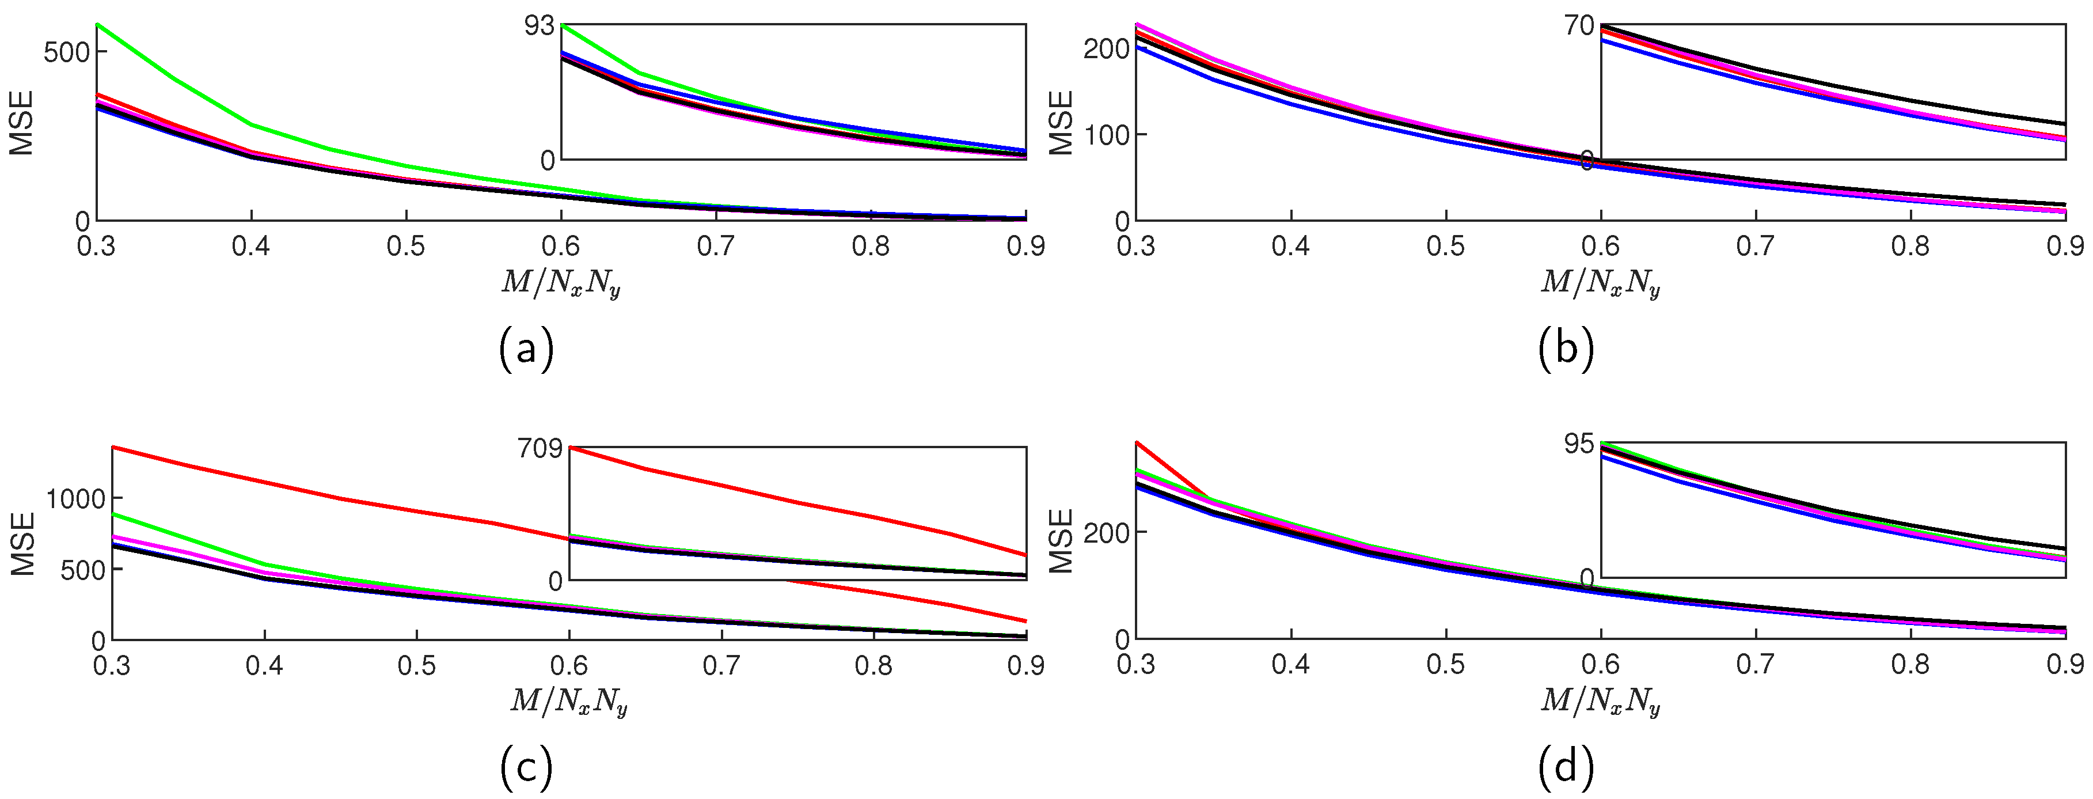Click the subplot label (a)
(526, 349)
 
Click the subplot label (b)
(1566, 349)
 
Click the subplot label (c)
(526, 767)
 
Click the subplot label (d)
(1566, 767)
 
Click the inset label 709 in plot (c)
(540, 448)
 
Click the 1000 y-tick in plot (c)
(75, 499)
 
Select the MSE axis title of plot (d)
(1062, 540)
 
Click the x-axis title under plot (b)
(1600, 283)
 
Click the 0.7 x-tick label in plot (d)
(1756, 665)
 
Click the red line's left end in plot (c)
(113, 446)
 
